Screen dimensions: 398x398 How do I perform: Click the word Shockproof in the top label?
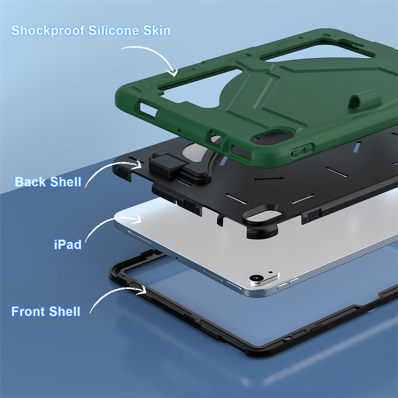point(48,30)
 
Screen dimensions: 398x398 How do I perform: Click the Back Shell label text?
point(48,182)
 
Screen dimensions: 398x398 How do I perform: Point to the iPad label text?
point(68,244)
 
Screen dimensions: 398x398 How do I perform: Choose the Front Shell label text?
point(46,312)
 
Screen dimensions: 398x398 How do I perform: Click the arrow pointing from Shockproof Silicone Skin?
point(149,57)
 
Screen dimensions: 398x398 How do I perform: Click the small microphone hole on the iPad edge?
point(177,258)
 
